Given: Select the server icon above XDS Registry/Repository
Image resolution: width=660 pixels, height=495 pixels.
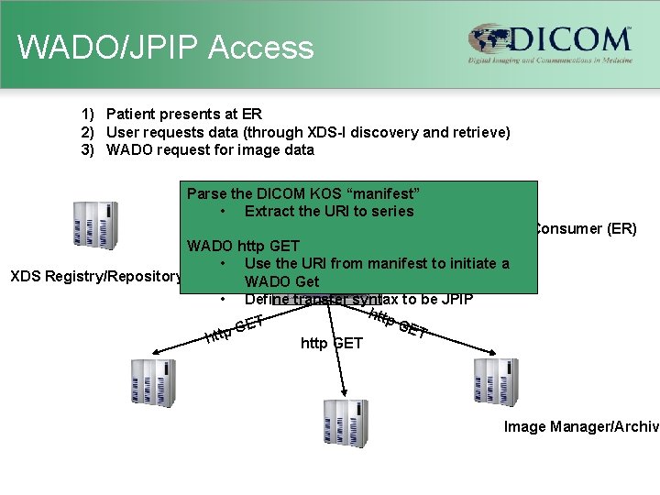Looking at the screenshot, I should pos(95,225).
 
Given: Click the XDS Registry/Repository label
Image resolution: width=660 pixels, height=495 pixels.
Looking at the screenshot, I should pos(93,277).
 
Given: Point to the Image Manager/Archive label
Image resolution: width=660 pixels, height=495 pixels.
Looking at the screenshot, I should pos(581,427).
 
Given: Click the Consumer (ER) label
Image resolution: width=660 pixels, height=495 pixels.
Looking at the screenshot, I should pos(585,228).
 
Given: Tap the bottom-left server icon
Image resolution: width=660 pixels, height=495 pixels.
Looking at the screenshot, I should pos(151,383).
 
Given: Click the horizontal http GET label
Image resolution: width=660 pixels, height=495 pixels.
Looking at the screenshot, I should pos(331,344).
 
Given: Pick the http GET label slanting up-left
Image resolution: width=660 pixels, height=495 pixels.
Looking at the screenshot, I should pos(235,329).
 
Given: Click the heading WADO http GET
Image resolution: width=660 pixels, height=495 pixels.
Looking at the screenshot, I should pos(243,246).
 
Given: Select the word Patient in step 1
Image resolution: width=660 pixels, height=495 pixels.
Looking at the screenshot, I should pos(131,115).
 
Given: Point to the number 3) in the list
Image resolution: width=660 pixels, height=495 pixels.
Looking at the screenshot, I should pos(88,149).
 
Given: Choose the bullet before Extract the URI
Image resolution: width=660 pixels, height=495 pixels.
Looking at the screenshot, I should pos(224,211).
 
